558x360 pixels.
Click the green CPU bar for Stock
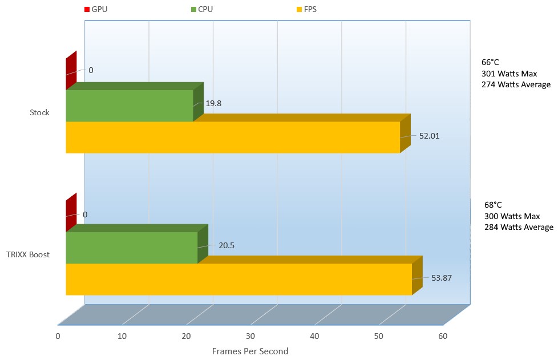(130, 106)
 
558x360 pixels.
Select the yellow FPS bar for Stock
(233, 137)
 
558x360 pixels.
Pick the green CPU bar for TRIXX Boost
(131, 248)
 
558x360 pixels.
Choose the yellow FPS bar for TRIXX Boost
(238, 280)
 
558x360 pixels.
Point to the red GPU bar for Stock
(71, 71)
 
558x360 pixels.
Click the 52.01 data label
(429, 136)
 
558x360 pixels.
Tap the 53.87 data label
(440, 278)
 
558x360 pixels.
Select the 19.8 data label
(213, 103)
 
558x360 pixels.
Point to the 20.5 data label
(227, 245)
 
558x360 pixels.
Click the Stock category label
(39, 112)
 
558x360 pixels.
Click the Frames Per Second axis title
(250, 351)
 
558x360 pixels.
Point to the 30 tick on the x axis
(250, 336)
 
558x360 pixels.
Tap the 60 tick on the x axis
(442, 336)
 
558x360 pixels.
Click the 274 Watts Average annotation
(516, 84)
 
